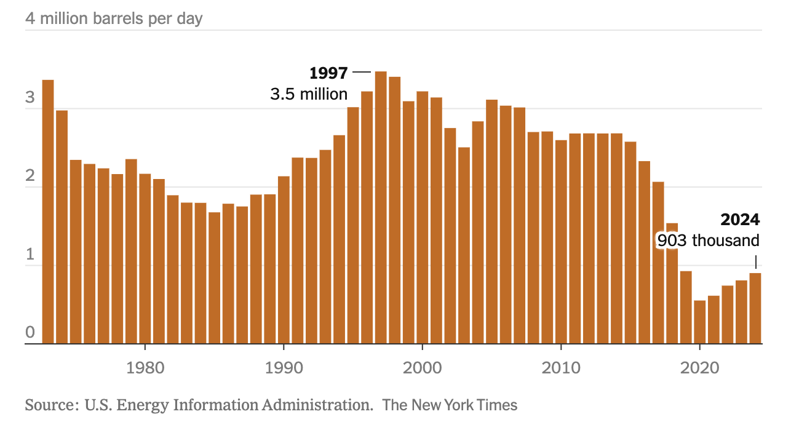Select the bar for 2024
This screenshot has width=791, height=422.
click(x=755, y=308)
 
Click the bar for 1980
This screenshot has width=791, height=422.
click(x=145, y=258)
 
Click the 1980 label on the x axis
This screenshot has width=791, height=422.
click(x=145, y=368)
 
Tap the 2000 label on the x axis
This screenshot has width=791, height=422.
click(x=422, y=368)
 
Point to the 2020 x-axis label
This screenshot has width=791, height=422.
click(x=699, y=368)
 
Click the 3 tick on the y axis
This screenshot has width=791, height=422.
click(x=30, y=99)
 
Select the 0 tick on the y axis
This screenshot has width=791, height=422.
click(x=30, y=333)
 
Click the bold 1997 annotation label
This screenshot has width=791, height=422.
click(x=328, y=73)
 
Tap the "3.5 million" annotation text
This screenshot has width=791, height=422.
click(x=309, y=94)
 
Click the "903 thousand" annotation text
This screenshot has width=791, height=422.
click(x=709, y=241)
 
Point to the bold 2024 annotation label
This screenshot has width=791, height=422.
click(x=741, y=220)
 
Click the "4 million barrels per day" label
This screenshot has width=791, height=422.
click(x=114, y=18)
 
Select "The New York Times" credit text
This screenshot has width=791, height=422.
click(x=450, y=405)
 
